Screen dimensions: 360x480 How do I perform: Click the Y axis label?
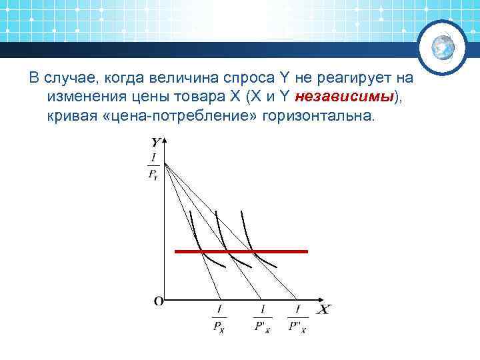click(155, 142)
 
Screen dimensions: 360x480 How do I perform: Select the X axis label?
click(323, 310)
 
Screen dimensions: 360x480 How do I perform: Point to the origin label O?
click(159, 301)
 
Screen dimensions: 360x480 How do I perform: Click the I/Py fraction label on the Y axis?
click(154, 167)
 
